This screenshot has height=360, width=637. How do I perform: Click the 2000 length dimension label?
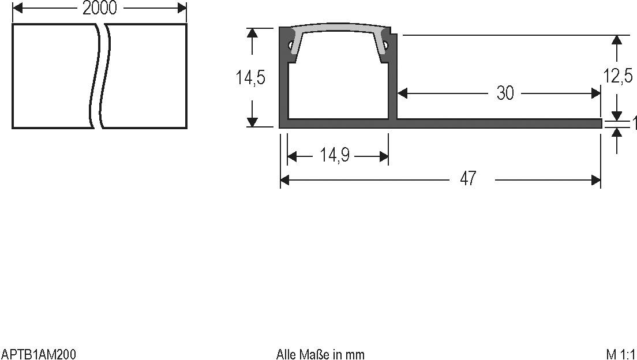[x=99, y=8]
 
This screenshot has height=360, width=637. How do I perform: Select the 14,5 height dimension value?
[x=250, y=77]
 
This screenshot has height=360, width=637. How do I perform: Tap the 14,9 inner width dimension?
[x=335, y=156]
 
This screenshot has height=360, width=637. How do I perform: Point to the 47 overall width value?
[x=469, y=179]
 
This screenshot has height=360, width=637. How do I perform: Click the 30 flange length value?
[x=505, y=93]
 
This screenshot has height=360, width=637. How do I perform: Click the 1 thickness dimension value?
[x=634, y=123]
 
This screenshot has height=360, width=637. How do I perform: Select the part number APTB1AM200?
[x=39, y=354]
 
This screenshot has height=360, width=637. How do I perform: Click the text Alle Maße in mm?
[x=320, y=354]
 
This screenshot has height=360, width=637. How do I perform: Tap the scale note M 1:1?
[x=620, y=354]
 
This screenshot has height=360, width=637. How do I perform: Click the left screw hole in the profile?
[x=288, y=44]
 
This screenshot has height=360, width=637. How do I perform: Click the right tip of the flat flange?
[x=600, y=123]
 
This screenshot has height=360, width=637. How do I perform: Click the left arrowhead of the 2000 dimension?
[x=17, y=8]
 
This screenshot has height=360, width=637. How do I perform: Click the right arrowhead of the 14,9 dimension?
[x=384, y=156]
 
